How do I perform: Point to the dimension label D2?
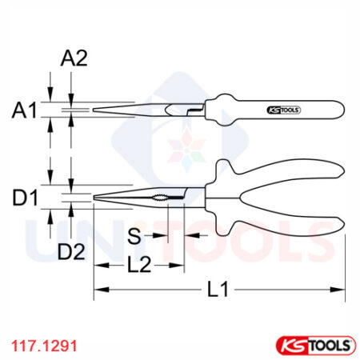pyautogui.click(x=71, y=253)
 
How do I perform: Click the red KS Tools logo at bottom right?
pyautogui.click(x=313, y=345)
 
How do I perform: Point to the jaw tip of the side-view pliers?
pyautogui.click(x=95, y=110)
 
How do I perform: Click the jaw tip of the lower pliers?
pyautogui.click(x=95, y=198)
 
